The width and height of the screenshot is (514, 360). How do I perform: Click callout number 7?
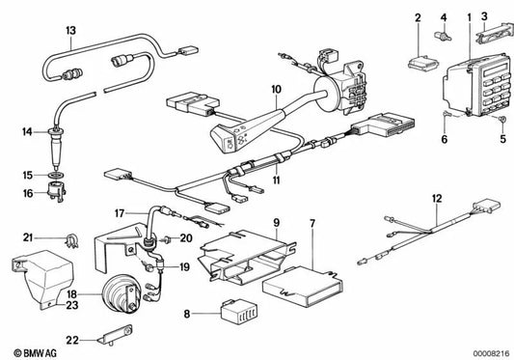[311, 225]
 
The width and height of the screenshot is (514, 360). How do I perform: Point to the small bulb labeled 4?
[446, 40]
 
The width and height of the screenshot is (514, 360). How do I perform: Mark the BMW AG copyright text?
[32, 348]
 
